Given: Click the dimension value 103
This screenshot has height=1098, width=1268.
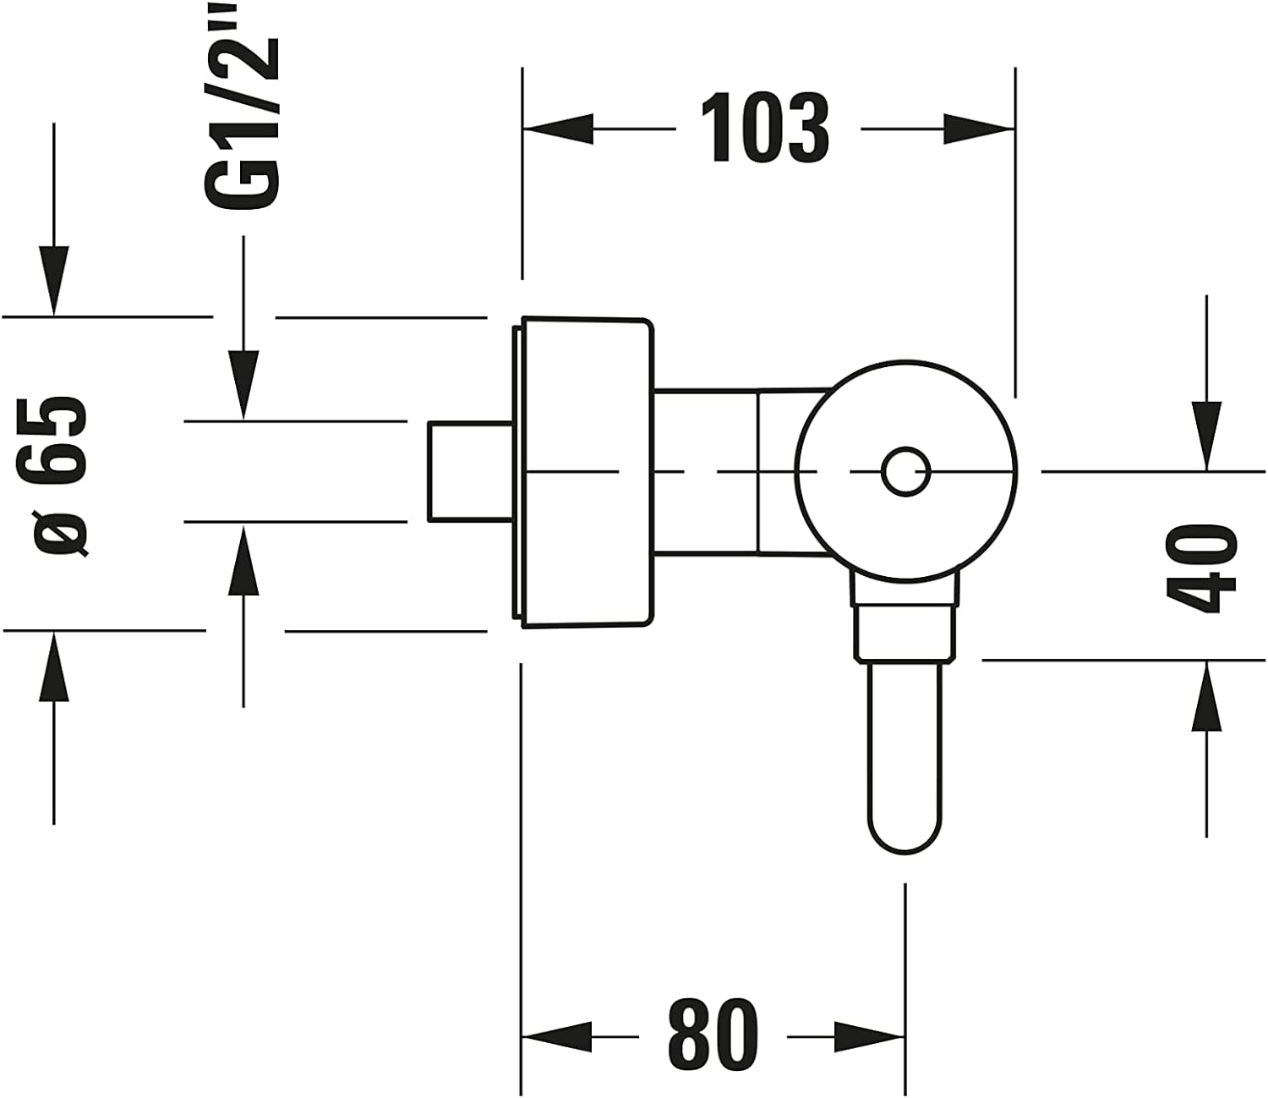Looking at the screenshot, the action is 765,129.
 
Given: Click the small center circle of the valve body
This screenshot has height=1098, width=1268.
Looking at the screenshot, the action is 906,471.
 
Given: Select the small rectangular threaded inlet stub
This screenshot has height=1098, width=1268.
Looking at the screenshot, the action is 471,471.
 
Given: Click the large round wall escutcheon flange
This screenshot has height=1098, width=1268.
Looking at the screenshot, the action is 582,472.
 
